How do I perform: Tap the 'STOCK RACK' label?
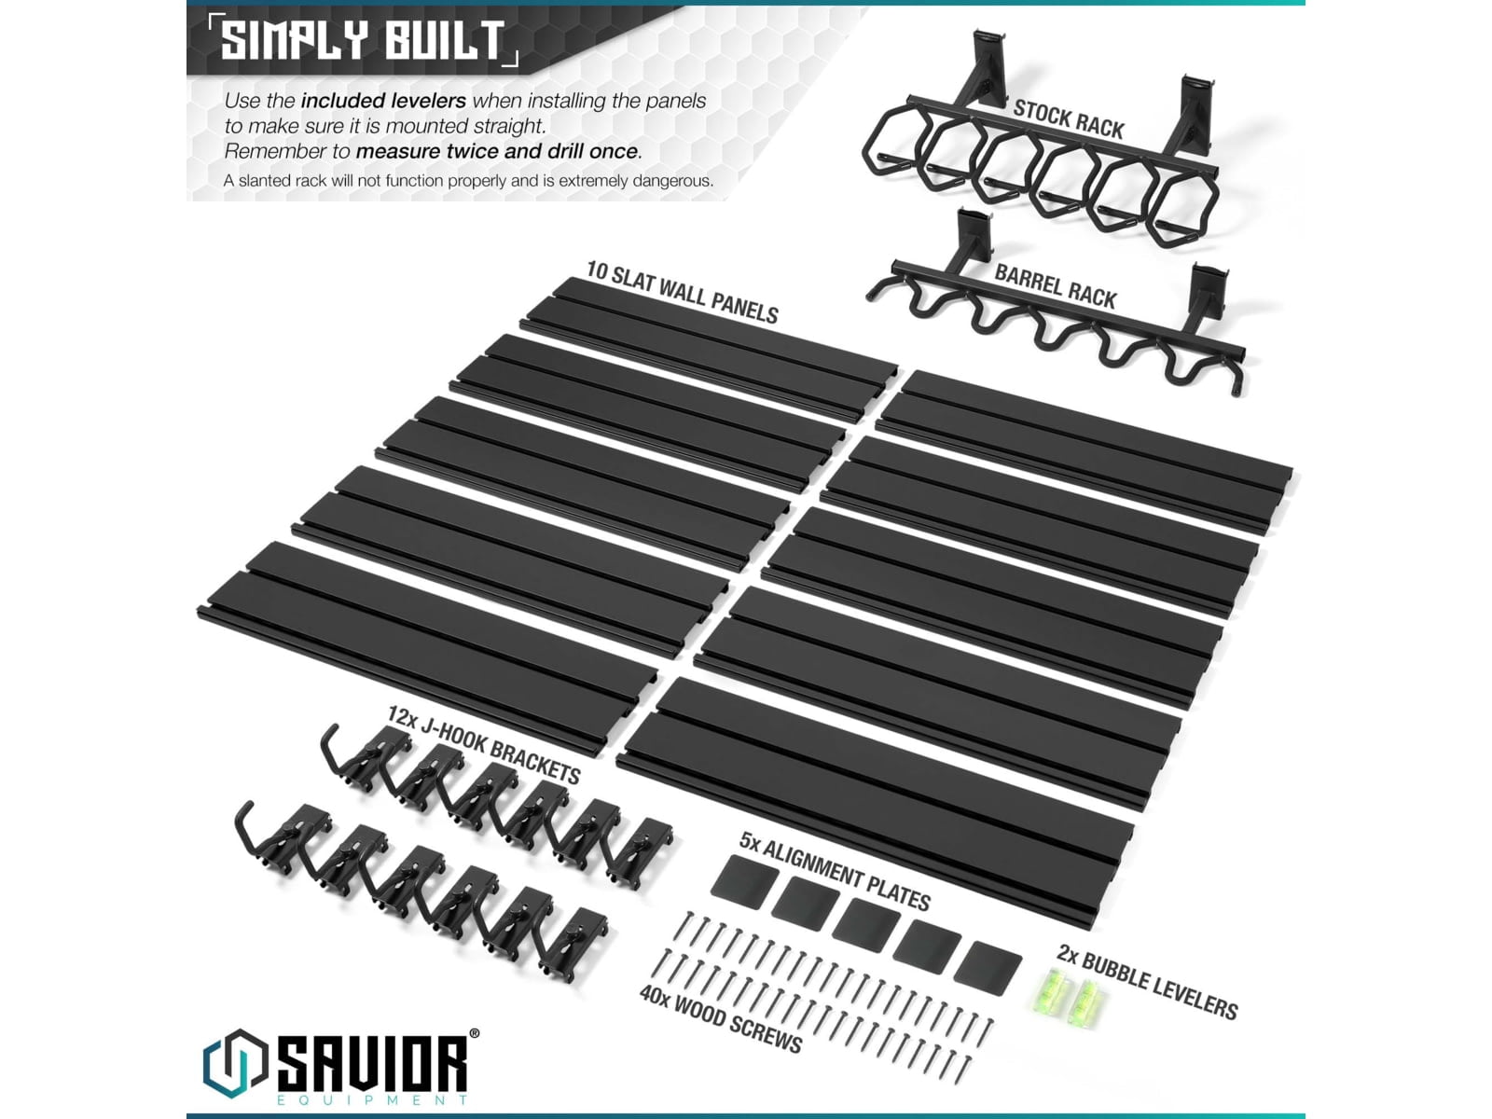[1068, 118]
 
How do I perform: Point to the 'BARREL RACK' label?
[1055, 285]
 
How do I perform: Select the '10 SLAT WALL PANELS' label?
[682, 292]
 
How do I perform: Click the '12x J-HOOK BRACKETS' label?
[483, 744]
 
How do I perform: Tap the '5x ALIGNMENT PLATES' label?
[834, 871]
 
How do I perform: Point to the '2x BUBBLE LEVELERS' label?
[1147, 982]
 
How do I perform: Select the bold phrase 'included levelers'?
[383, 101]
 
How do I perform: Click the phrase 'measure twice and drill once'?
[498, 151]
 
